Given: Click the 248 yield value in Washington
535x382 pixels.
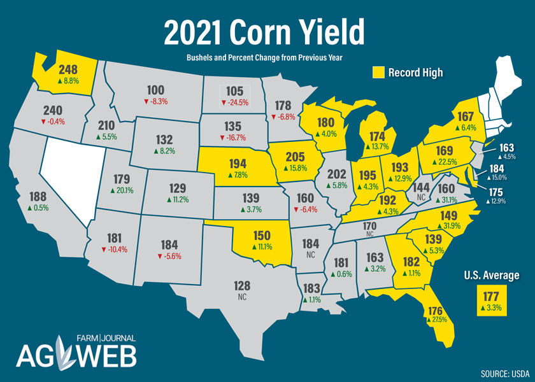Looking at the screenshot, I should click(68, 69).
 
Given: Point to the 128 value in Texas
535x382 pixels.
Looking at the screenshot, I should click(242, 286).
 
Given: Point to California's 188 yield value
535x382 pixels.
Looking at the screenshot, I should click(39, 196).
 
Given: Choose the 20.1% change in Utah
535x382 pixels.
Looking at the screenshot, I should click(121, 190).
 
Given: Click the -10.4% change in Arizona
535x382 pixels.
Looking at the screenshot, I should click(113, 249).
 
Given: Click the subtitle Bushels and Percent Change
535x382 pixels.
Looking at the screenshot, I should click(264, 58).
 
